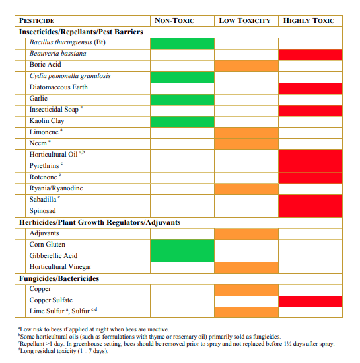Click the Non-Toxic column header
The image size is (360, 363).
click(174, 21)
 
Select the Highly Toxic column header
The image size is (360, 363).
click(308, 21)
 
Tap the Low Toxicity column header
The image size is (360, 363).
click(244, 21)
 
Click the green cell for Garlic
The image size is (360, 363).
click(182, 100)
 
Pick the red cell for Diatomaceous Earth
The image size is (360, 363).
click(310, 89)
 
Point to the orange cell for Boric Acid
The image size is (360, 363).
click(246, 66)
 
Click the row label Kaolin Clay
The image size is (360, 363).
click(47, 121)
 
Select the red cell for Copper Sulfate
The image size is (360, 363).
click(310, 302)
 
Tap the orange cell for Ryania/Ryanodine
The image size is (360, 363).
click(246, 189)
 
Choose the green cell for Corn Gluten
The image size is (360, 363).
click(182, 245)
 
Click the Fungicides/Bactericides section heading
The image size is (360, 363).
click(59, 278)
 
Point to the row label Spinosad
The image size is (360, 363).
click(42, 211)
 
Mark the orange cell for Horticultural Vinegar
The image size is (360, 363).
click(246, 268)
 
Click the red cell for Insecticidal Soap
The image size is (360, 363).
click(310, 111)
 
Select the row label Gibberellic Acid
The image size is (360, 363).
click(54, 256)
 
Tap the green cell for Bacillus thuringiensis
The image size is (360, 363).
click(182, 44)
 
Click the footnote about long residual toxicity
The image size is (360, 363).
click(63, 351)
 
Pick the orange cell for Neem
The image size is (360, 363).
click(246, 144)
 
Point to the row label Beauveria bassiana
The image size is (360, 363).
click(58, 54)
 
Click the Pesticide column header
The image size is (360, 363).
click(36, 21)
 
